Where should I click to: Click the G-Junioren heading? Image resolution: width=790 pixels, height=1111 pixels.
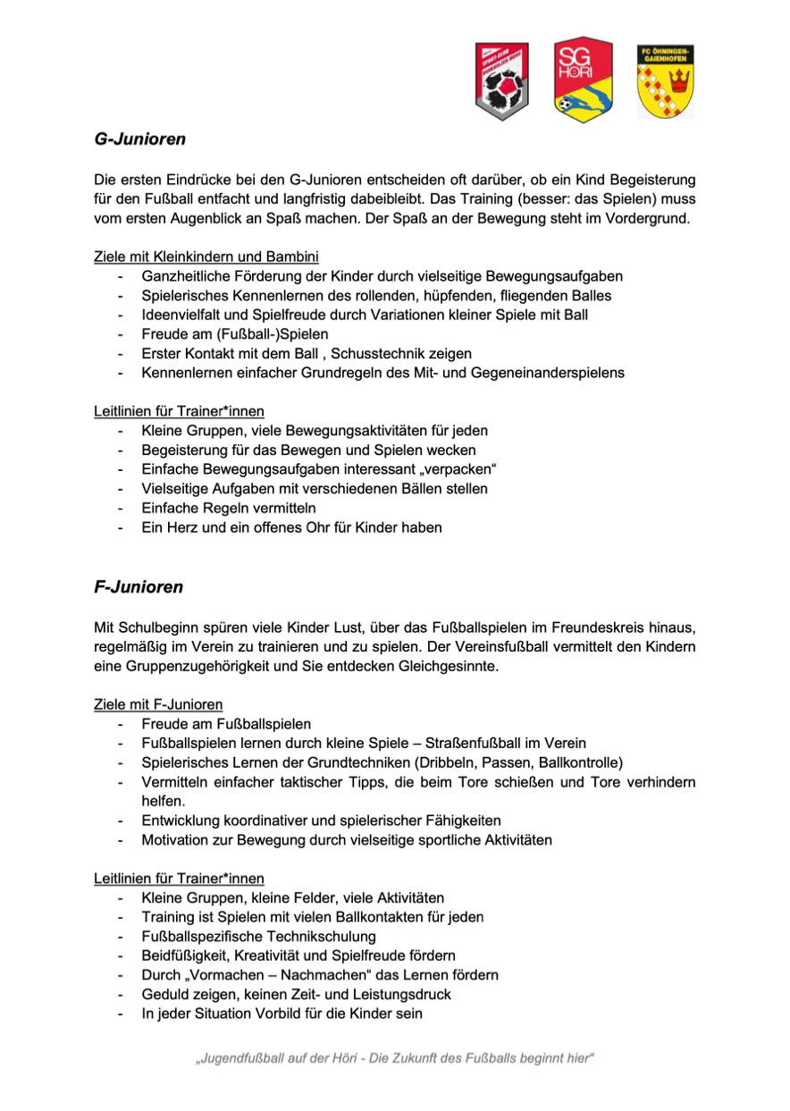[x=139, y=139]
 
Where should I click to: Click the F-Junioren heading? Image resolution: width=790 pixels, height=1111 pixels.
[x=139, y=587]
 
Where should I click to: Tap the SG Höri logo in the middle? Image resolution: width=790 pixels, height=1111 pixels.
[x=583, y=79]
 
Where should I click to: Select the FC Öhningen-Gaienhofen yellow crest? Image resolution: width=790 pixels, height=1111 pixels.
[x=665, y=80]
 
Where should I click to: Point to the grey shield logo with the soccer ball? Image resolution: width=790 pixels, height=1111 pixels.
[x=502, y=81]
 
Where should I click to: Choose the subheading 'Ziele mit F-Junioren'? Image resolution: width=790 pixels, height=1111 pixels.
[x=158, y=704]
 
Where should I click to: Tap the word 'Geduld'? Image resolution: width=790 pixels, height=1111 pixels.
[x=164, y=994]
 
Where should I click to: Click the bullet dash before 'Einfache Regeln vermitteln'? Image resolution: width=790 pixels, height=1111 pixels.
[x=120, y=508]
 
